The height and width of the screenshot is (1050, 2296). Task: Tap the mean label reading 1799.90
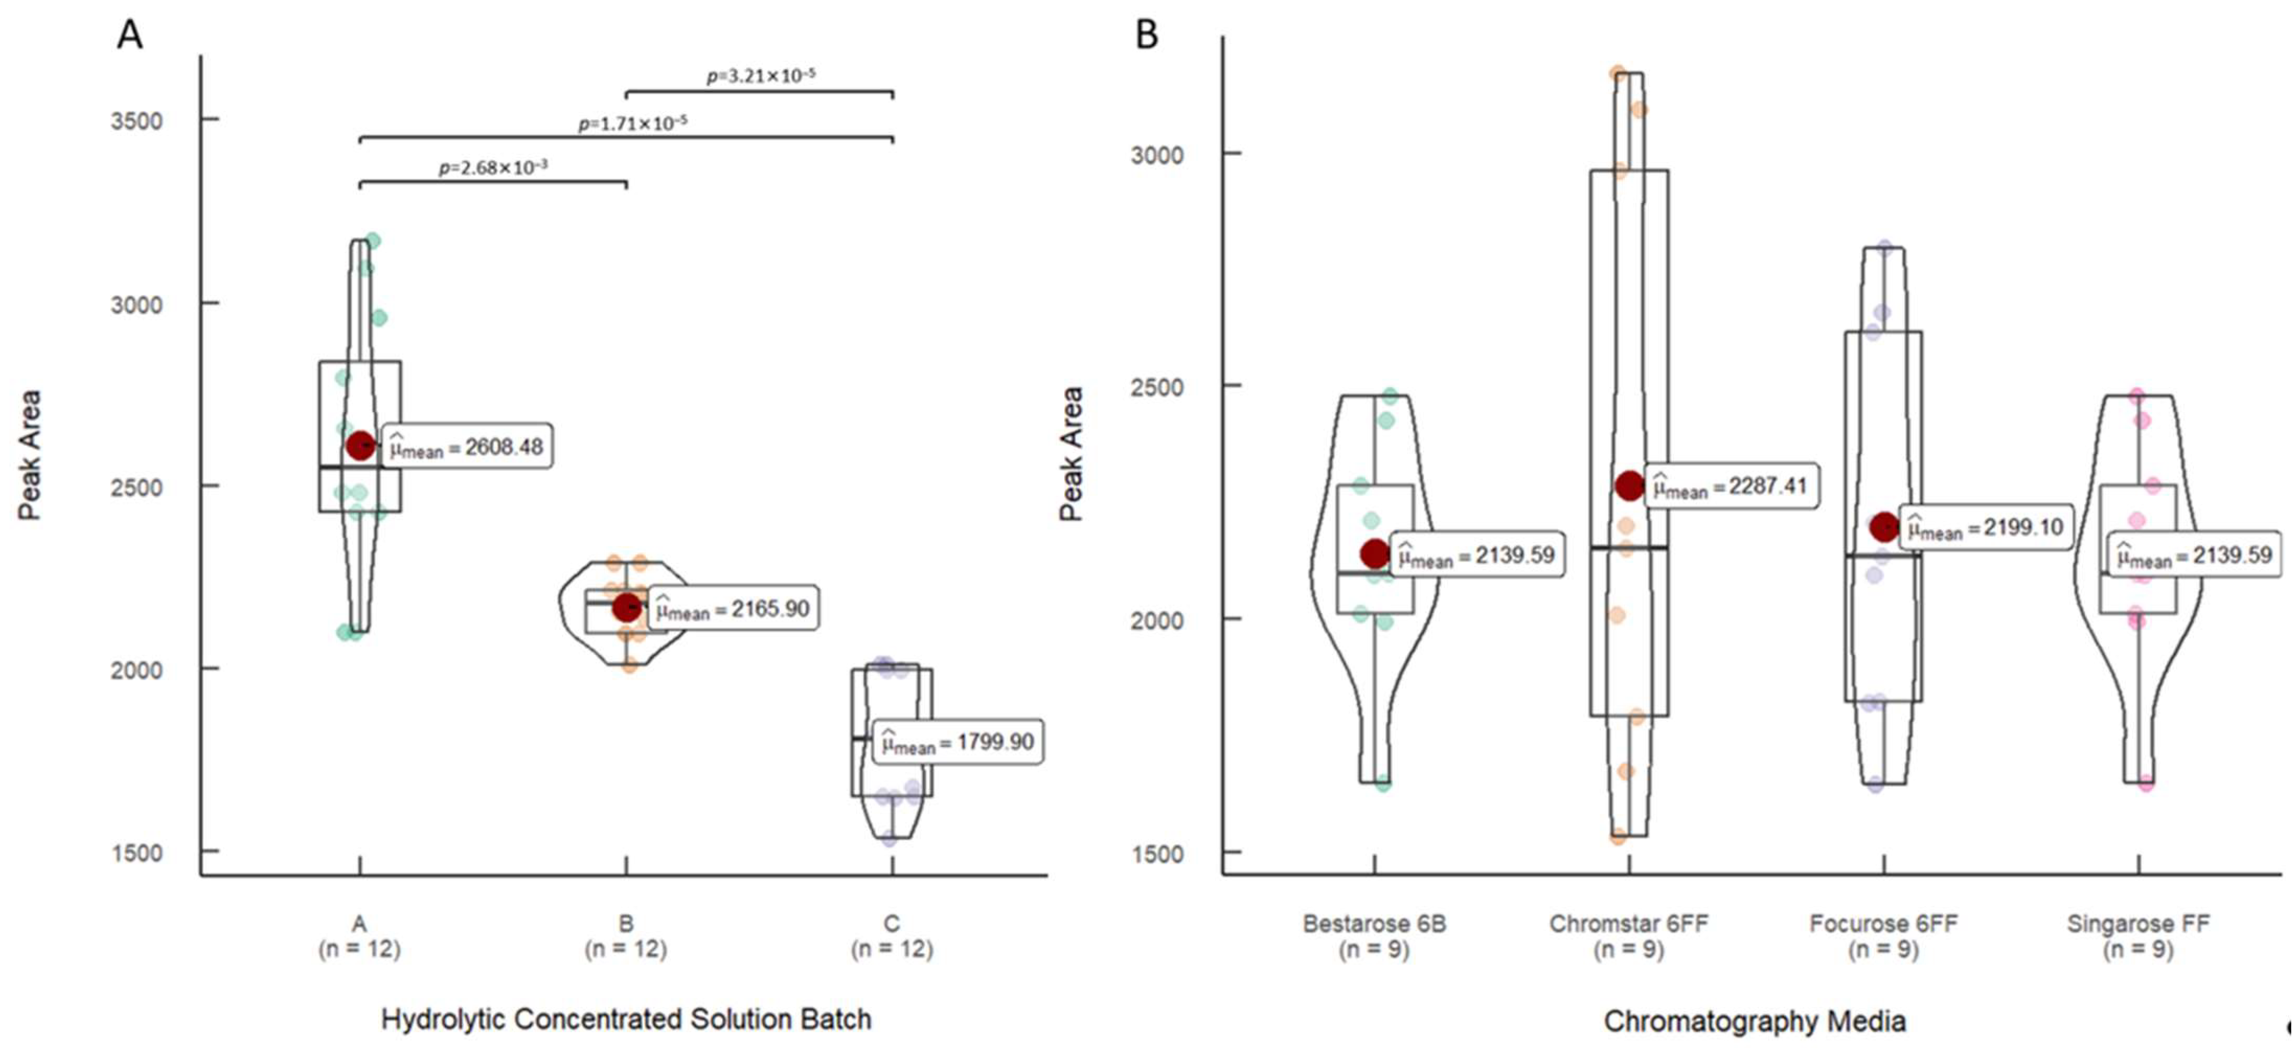(957, 741)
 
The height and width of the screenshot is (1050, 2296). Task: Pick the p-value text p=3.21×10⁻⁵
(760, 76)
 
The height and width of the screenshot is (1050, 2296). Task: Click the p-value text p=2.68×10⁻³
(493, 167)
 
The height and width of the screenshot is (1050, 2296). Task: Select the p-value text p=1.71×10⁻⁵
(633, 123)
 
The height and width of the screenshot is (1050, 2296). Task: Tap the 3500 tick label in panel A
(137, 120)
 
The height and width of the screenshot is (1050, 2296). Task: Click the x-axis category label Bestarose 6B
(1374, 923)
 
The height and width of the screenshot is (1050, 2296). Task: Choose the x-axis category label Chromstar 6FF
(1629, 923)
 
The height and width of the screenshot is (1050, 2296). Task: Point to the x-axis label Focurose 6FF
(1883, 923)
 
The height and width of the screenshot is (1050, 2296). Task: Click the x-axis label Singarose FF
(2138, 923)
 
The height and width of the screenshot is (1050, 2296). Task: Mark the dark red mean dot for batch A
(360, 445)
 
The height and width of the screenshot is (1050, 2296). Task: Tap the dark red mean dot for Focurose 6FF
(1884, 526)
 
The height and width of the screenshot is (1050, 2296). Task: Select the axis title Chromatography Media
(1754, 1021)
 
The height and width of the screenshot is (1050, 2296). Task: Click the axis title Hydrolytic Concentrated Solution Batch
(626, 1019)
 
